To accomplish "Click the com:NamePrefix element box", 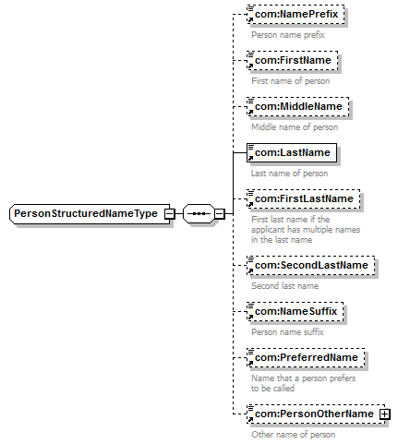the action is click(295, 14).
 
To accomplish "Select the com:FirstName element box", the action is click(293, 60).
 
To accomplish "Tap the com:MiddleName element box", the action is click(298, 106).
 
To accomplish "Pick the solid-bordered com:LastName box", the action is click(292, 152).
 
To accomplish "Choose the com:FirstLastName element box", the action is click(304, 198).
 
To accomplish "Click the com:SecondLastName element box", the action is click(311, 265).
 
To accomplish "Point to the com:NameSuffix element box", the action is click(295, 311).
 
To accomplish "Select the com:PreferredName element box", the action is click(306, 357).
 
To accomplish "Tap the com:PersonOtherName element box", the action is click(316, 414).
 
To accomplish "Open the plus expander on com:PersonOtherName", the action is click(384, 414).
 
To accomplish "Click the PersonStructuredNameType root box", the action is click(90, 213).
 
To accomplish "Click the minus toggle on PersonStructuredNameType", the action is click(169, 213).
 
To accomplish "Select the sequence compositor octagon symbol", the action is click(199, 213).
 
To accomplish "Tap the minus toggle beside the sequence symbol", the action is click(220, 213).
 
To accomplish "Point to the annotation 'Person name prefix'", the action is click(288, 35).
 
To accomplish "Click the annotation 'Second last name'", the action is click(284, 286).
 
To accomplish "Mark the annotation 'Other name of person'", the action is click(293, 435).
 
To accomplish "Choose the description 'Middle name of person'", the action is click(295, 127).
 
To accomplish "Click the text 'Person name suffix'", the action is click(287, 332).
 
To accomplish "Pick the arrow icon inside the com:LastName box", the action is click(250, 158).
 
